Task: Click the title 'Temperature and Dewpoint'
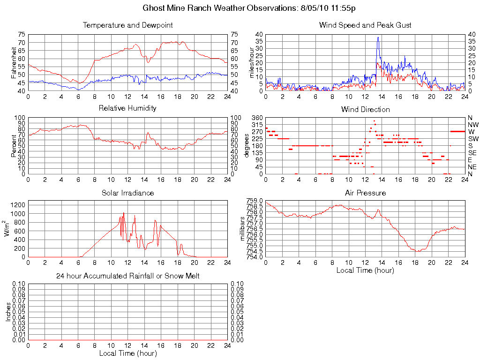point(127,25)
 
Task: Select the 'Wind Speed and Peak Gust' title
point(365,25)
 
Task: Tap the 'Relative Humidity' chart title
point(127,108)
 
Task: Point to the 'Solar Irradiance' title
point(127,193)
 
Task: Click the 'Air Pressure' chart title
point(365,193)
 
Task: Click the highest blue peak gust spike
point(378,37)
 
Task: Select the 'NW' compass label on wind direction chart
point(472,125)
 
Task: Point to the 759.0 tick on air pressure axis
point(255,201)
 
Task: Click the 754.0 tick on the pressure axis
point(255,257)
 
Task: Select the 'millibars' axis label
point(242,229)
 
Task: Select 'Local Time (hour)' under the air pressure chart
point(365,270)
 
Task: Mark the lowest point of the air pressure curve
point(417,251)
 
